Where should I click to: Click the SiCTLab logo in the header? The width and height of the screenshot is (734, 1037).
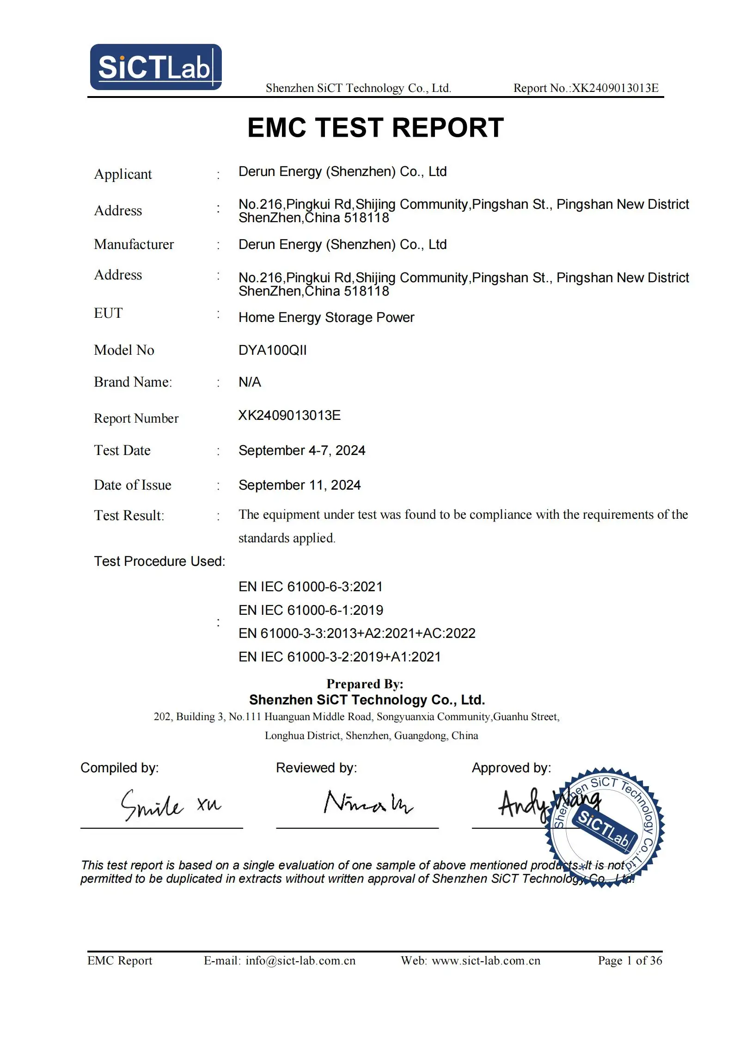click(x=156, y=67)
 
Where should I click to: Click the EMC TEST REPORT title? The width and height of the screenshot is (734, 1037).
click(x=375, y=127)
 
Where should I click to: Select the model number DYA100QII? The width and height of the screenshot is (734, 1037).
click(x=272, y=350)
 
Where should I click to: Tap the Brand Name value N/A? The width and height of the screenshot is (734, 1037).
click(x=250, y=382)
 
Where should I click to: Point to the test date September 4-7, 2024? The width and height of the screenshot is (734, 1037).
click(x=301, y=450)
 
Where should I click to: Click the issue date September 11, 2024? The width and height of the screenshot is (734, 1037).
click(x=300, y=485)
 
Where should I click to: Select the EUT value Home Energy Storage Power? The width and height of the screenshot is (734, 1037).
click(x=326, y=317)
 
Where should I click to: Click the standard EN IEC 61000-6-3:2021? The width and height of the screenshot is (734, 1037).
click(x=311, y=587)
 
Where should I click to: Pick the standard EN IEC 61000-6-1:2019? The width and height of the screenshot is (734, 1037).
click(x=311, y=610)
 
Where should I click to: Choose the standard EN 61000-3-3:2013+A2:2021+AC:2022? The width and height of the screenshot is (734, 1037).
click(x=357, y=633)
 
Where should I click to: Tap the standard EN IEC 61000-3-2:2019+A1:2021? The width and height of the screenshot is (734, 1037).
click(x=339, y=657)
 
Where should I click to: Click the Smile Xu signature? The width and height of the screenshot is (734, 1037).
click(x=170, y=805)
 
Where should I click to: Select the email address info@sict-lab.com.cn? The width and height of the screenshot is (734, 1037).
click(x=300, y=961)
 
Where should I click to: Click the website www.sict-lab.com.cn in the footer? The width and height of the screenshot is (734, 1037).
click(x=486, y=961)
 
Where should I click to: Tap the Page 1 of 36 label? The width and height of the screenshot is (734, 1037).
click(x=630, y=961)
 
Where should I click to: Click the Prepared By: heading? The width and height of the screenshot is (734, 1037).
click(x=365, y=684)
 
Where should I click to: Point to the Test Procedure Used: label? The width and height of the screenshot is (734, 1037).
click(x=159, y=561)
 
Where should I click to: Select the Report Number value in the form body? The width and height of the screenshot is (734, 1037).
click(x=289, y=415)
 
